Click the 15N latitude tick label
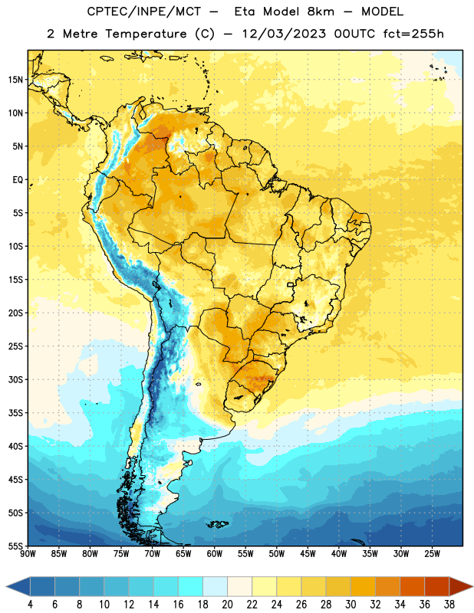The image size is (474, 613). tap(15, 80)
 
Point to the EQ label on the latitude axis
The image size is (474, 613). tap(18, 180)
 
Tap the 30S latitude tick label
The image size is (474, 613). tap(15, 379)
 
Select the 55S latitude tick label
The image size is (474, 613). tap(15, 546)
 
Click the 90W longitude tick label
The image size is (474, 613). tap(28, 554)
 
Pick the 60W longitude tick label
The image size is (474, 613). tap(215, 554)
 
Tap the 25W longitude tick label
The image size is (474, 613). tap(432, 554)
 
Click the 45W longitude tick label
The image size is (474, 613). tap(308, 554)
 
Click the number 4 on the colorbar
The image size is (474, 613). tap(30, 605)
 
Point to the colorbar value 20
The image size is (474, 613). tap(227, 605)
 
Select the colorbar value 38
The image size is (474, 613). tap(449, 605)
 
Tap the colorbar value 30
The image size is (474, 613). tap(351, 605)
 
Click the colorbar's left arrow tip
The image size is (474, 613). tap(6, 587)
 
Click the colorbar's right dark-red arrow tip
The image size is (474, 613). tap(472, 587)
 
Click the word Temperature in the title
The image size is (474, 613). tap(146, 34)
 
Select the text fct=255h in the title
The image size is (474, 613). tap(413, 34)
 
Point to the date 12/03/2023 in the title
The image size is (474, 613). tap(284, 34)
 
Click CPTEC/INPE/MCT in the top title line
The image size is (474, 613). tap(144, 11)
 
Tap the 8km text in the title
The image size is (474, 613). tap(321, 11)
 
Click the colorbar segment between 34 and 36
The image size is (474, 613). tap(412, 587)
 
